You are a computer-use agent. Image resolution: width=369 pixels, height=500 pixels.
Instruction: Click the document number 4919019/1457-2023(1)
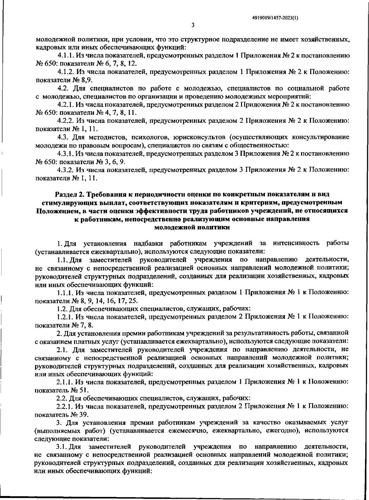[x=275, y=18]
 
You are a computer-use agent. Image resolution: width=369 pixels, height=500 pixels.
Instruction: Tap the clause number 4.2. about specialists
[x=65, y=89]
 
